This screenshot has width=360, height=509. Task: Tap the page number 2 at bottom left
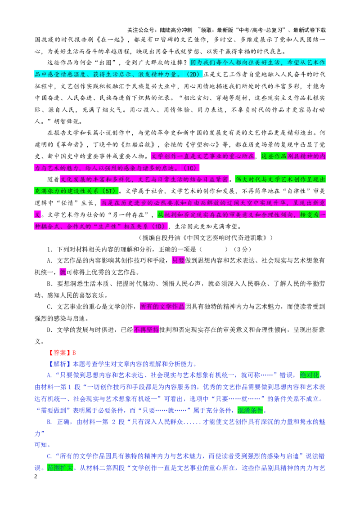click(36, 477)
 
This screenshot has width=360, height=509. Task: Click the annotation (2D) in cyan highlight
click(193, 74)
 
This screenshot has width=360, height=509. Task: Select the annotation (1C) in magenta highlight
click(190, 168)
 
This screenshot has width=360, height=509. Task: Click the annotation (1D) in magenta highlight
click(158, 226)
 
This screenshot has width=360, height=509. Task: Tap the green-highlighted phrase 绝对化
click(310, 375)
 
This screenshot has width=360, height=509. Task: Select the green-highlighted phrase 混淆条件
click(250, 411)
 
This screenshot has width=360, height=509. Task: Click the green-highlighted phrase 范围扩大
click(60, 468)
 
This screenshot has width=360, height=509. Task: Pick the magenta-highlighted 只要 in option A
click(178, 260)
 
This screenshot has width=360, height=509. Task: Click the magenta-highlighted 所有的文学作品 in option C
click(162, 307)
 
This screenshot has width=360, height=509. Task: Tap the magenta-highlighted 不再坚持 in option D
click(146, 330)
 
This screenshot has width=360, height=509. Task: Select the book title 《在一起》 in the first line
click(110, 40)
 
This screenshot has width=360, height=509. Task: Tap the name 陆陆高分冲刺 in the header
click(176, 30)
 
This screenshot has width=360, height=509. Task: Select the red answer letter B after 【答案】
click(74, 353)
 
